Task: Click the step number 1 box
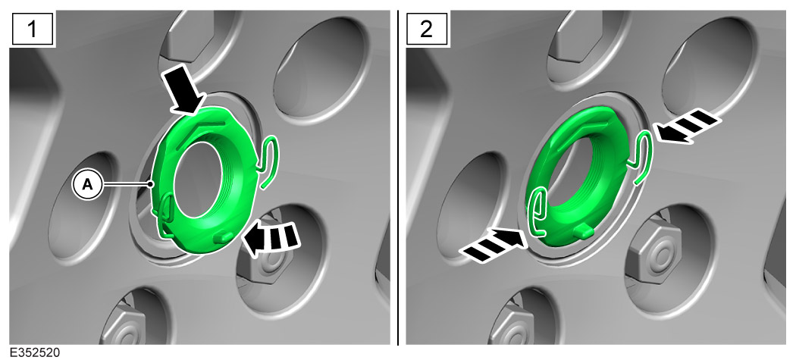coord(32,29)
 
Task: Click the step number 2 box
coord(427,29)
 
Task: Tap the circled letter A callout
coord(88,186)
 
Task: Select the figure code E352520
coord(35,352)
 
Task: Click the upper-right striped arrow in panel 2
coord(688,125)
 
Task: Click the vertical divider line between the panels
coord(398,177)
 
